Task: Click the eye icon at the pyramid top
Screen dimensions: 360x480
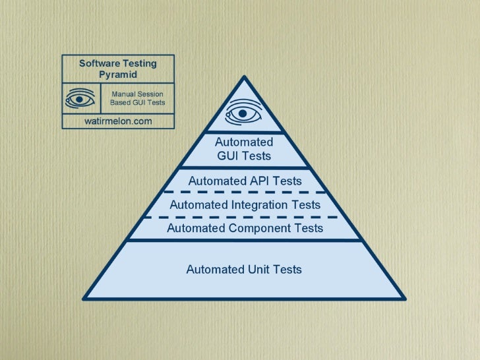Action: click(243, 113)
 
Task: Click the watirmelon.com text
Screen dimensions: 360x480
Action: click(118, 121)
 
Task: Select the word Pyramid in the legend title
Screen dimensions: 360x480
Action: click(118, 75)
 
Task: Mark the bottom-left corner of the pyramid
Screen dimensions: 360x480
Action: click(82, 297)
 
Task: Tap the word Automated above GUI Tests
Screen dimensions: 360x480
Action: click(244, 142)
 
